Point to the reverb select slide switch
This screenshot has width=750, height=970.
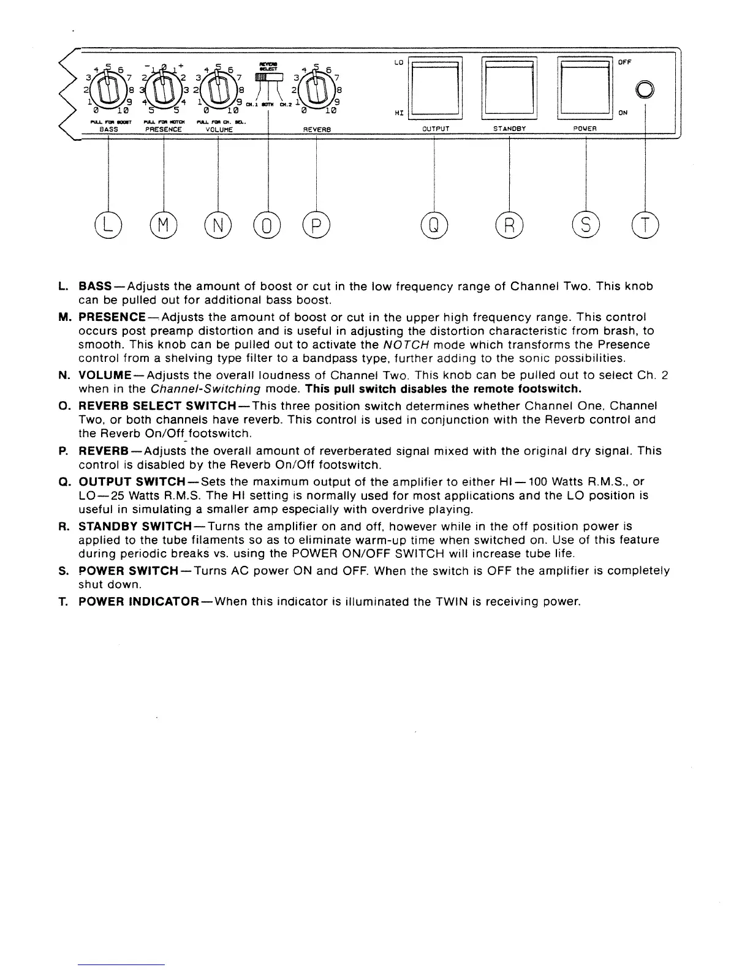[268, 77]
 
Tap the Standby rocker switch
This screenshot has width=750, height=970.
[510, 86]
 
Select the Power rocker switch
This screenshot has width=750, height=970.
[585, 86]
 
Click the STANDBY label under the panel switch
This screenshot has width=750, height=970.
[510, 129]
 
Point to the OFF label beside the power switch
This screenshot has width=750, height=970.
[624, 62]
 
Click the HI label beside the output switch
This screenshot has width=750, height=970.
[399, 113]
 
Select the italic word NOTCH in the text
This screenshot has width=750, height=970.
[400, 345]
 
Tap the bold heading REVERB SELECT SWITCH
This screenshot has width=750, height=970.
[158, 406]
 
